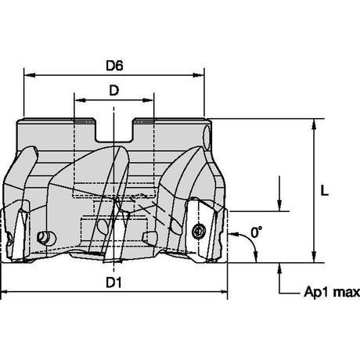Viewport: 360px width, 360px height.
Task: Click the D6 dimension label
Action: (114, 66)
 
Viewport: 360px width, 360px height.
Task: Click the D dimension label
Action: (114, 91)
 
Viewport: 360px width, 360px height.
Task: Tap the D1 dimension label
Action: (114, 283)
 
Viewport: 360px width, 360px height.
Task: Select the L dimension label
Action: (324, 190)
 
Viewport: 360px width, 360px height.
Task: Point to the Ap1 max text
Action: (332, 292)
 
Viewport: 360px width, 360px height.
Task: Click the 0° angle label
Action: (257, 232)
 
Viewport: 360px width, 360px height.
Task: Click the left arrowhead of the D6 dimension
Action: (30, 75)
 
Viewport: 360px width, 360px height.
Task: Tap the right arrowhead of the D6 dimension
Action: (198, 75)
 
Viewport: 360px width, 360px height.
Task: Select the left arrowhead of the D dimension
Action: (81, 100)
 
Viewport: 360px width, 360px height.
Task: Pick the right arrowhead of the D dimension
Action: (148, 100)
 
